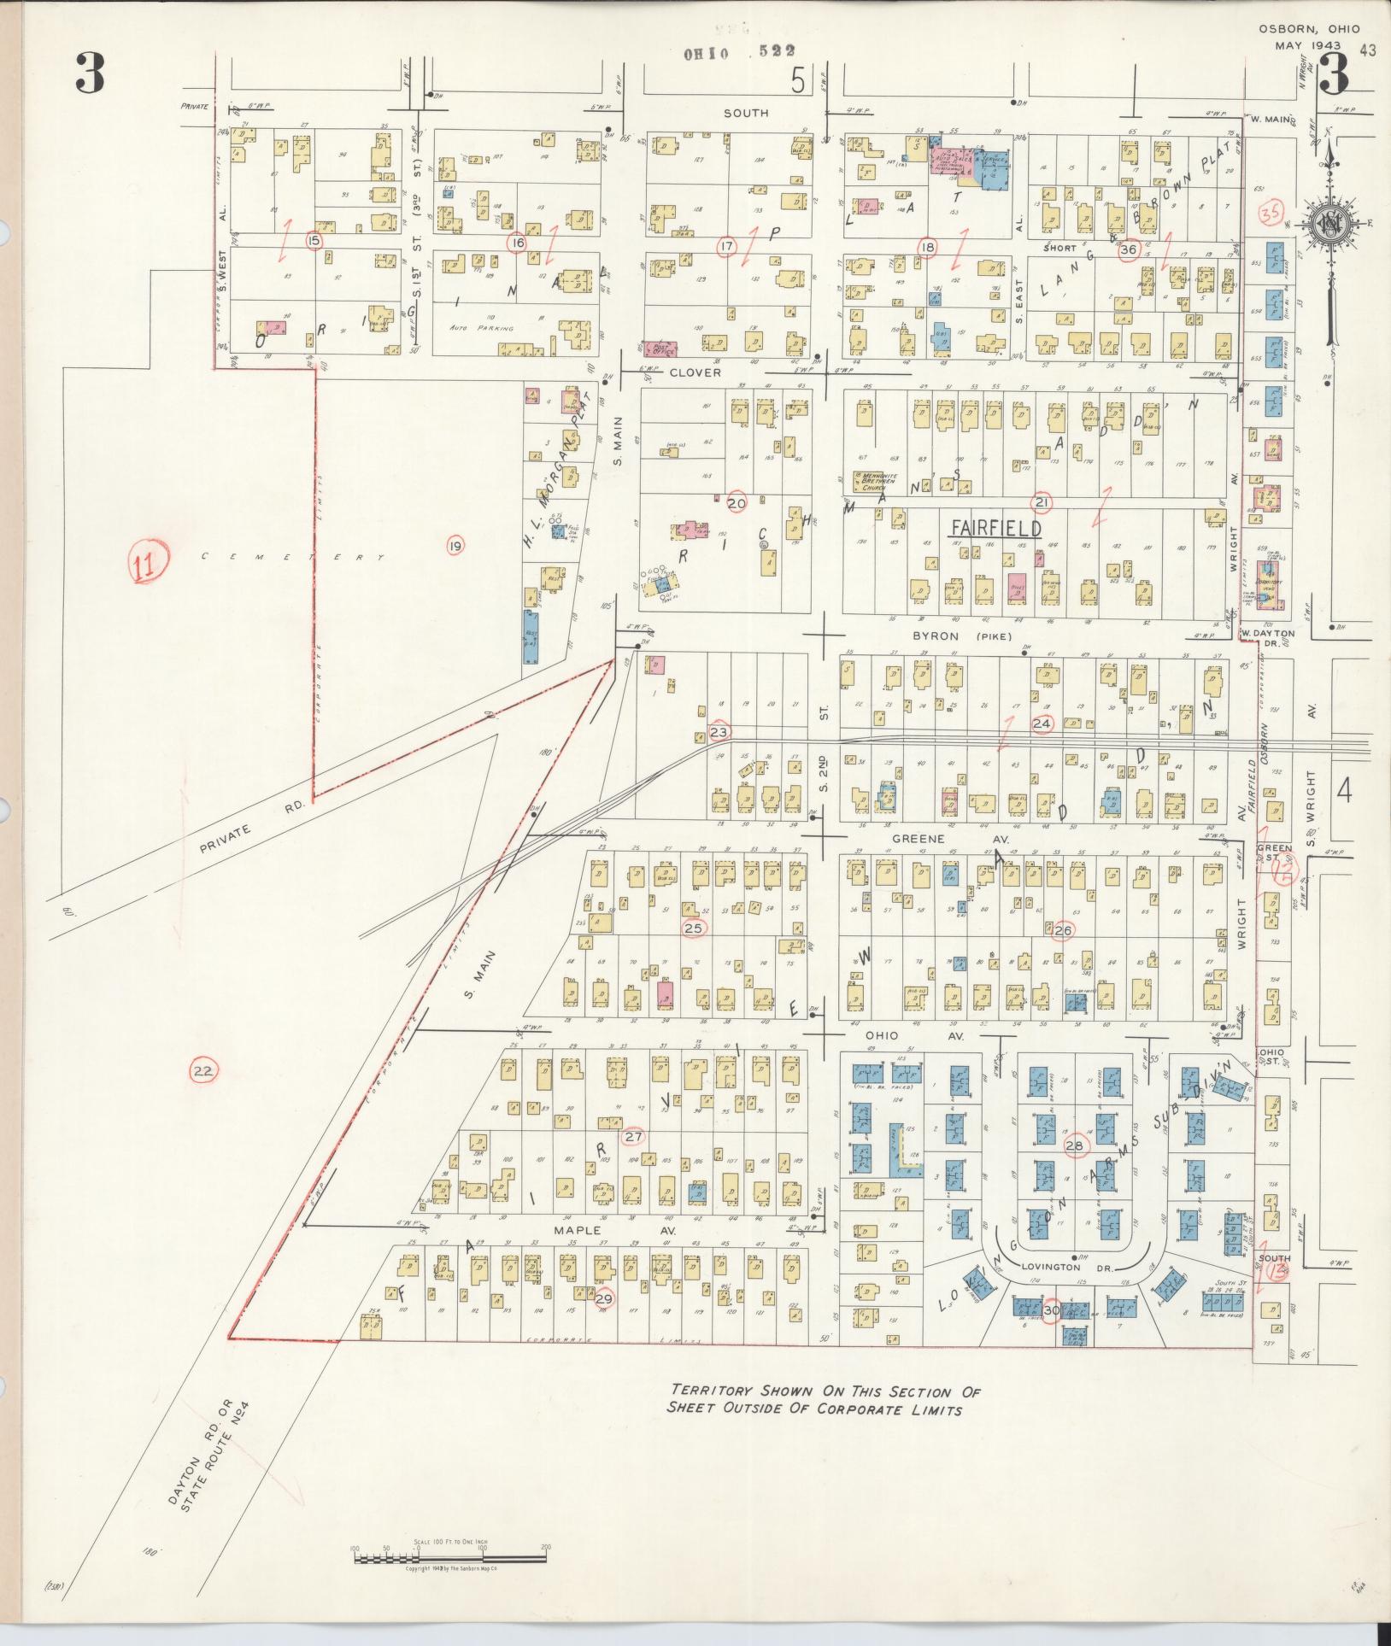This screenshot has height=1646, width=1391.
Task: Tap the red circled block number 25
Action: point(695,928)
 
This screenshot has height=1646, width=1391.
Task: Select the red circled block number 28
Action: point(1074,1145)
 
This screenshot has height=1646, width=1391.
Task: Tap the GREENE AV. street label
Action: point(947,840)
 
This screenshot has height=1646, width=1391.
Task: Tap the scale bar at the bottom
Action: point(449,1553)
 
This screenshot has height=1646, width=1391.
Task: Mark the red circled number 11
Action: point(148,564)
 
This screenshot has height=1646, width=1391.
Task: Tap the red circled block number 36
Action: point(1129,249)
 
